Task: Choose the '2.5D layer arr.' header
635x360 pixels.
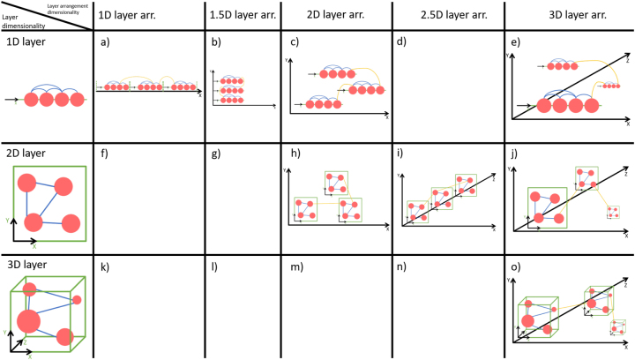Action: [x=446, y=16]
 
